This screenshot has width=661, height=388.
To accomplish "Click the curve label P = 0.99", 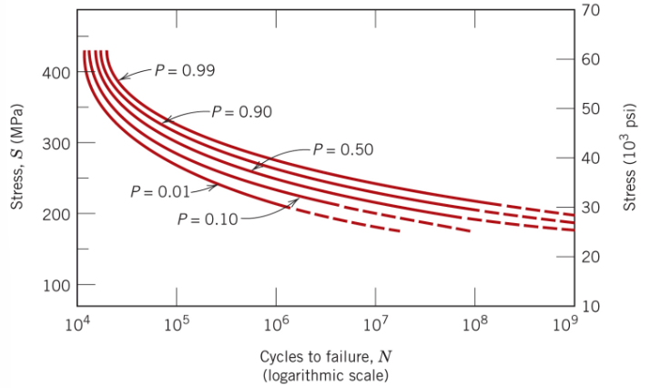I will (x=184, y=71).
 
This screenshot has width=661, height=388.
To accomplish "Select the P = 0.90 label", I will (x=241, y=112).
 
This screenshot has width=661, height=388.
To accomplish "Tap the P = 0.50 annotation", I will (x=343, y=149).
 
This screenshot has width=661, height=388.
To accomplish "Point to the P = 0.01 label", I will (x=159, y=191).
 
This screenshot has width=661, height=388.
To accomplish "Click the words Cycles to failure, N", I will (x=324, y=356).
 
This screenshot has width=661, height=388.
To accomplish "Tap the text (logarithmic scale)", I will (x=324, y=374).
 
